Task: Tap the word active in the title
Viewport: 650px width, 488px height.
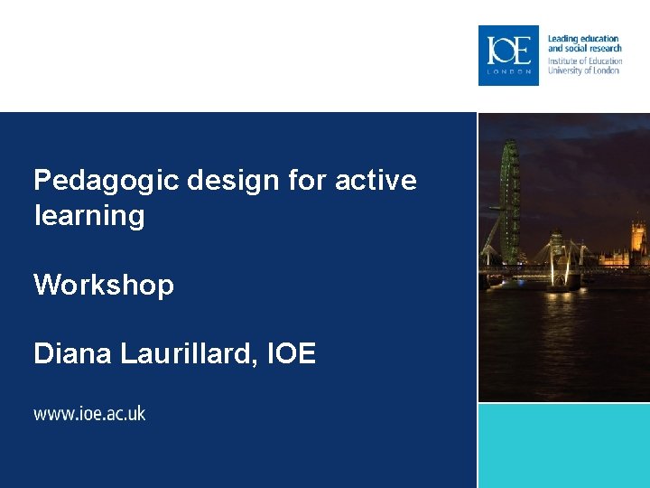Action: coord(376,181)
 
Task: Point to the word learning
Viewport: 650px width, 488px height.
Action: coord(88,216)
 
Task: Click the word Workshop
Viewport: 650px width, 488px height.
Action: coord(104,286)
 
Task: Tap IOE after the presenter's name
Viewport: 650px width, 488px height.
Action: coord(292,354)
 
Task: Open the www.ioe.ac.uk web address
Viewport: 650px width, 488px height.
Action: coord(89,414)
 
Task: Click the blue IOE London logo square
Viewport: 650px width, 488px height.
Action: coord(508,55)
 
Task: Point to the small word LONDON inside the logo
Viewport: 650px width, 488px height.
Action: coord(508,70)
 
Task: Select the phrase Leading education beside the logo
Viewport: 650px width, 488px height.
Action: coord(583,39)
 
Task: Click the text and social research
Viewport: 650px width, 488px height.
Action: coord(585,49)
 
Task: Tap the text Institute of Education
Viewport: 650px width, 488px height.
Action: coord(585,61)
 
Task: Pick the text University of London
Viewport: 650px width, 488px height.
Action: coord(583,70)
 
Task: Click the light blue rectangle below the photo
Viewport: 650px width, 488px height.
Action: coord(563,445)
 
